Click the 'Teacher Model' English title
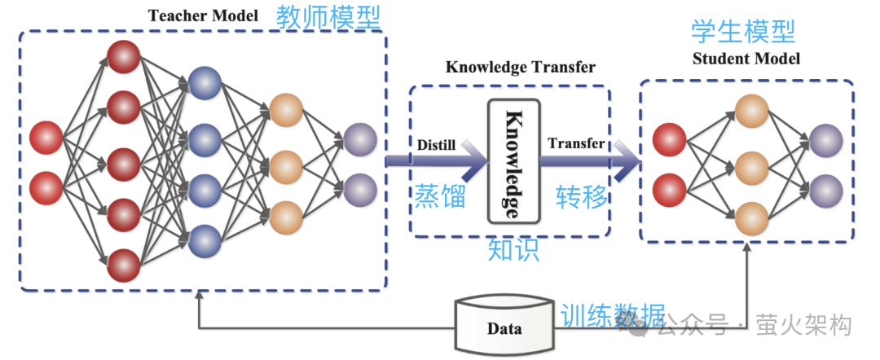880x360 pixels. pyautogui.click(x=203, y=15)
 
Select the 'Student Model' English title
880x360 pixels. pyautogui.click(x=746, y=59)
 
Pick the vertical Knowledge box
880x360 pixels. pyautogui.click(x=513, y=161)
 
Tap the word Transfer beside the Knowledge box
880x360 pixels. pyautogui.click(x=576, y=143)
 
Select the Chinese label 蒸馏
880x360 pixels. pyautogui.click(x=440, y=195)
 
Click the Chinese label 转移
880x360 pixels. pyautogui.click(x=582, y=195)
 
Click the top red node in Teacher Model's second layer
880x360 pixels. pyautogui.click(x=124, y=55)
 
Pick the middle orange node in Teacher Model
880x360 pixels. pyautogui.click(x=286, y=166)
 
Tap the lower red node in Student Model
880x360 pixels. pyautogui.click(x=669, y=189)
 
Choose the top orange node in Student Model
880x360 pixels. pyautogui.click(x=750, y=112)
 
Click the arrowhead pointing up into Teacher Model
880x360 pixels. pyautogui.click(x=199, y=296)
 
